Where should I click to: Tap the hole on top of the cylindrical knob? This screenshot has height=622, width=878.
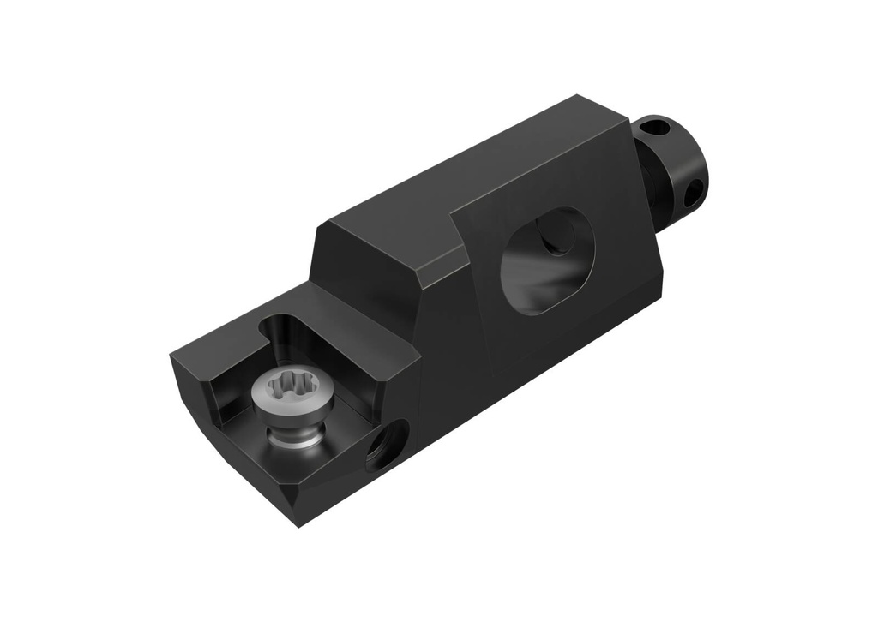(x=655, y=129)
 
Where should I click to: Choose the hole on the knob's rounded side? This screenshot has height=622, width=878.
(x=692, y=194)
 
